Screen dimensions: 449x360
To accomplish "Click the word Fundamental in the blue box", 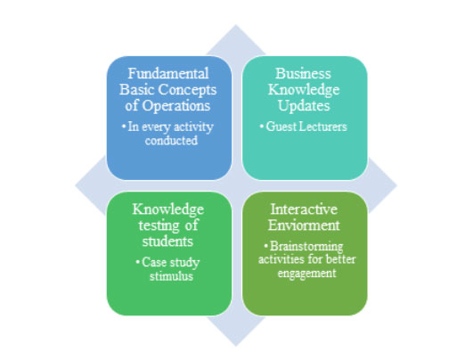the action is tap(168, 73).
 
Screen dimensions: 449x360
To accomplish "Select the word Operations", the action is tap(176, 106).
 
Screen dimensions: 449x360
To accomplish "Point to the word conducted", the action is tap(171, 141).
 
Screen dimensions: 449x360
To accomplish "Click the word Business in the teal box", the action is tap(303, 73).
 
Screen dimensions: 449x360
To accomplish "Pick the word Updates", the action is tap(304, 106).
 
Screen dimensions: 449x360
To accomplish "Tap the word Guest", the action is tap(281, 127).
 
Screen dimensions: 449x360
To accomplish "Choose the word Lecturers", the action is tap(322, 127).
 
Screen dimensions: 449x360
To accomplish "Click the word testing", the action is tap(159, 225).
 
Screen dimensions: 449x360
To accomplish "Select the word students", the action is tap(167, 241).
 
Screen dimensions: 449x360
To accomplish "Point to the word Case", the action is tap(154, 263).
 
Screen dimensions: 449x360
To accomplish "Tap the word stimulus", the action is tap(171, 276).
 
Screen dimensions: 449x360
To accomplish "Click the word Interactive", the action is tap(304, 209).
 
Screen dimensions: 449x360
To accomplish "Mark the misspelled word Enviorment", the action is tap(304, 225).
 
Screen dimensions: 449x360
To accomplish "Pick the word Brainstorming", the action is tap(306, 247).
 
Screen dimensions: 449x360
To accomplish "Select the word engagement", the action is tap(306, 274).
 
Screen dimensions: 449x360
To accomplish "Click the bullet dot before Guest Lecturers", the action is tap(262, 127).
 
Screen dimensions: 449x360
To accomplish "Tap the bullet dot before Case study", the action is tap(137, 263).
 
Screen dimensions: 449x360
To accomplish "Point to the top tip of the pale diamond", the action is tap(236, 25).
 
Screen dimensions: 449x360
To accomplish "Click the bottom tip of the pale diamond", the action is tap(236, 347).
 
